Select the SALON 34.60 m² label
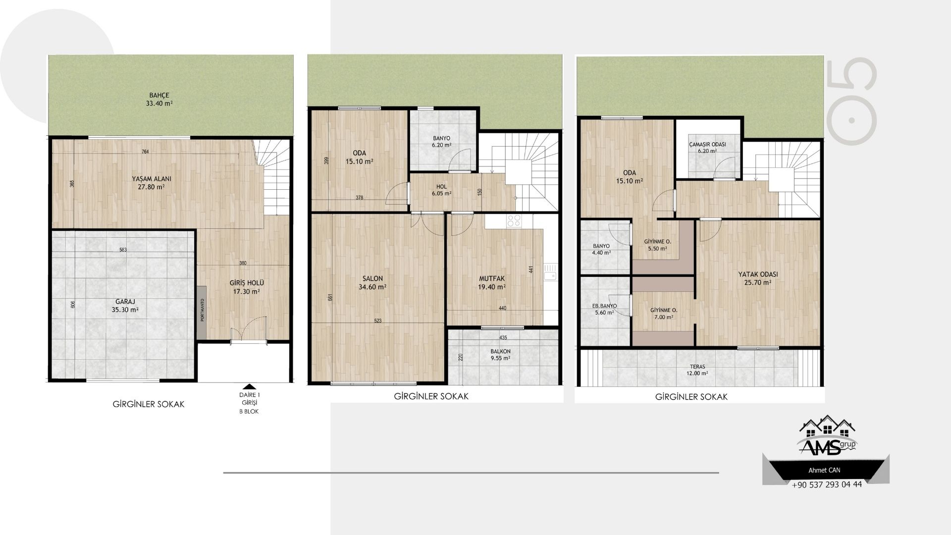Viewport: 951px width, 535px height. (372, 282)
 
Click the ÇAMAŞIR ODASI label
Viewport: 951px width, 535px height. (707, 144)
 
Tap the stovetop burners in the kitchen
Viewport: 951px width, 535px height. (513, 220)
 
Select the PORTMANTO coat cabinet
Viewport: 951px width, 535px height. (202, 312)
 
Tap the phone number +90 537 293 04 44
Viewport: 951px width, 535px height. (827, 484)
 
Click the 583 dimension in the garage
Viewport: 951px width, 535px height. (123, 250)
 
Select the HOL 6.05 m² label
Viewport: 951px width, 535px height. (441, 190)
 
